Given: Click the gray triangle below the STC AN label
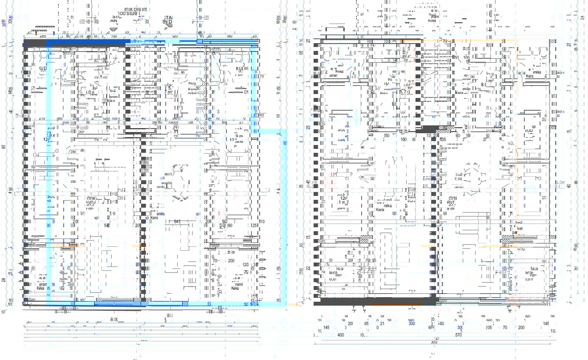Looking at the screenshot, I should tap(114, 28).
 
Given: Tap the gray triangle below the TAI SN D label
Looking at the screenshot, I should tap(168, 29).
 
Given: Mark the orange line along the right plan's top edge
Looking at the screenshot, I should tap(470, 40).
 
